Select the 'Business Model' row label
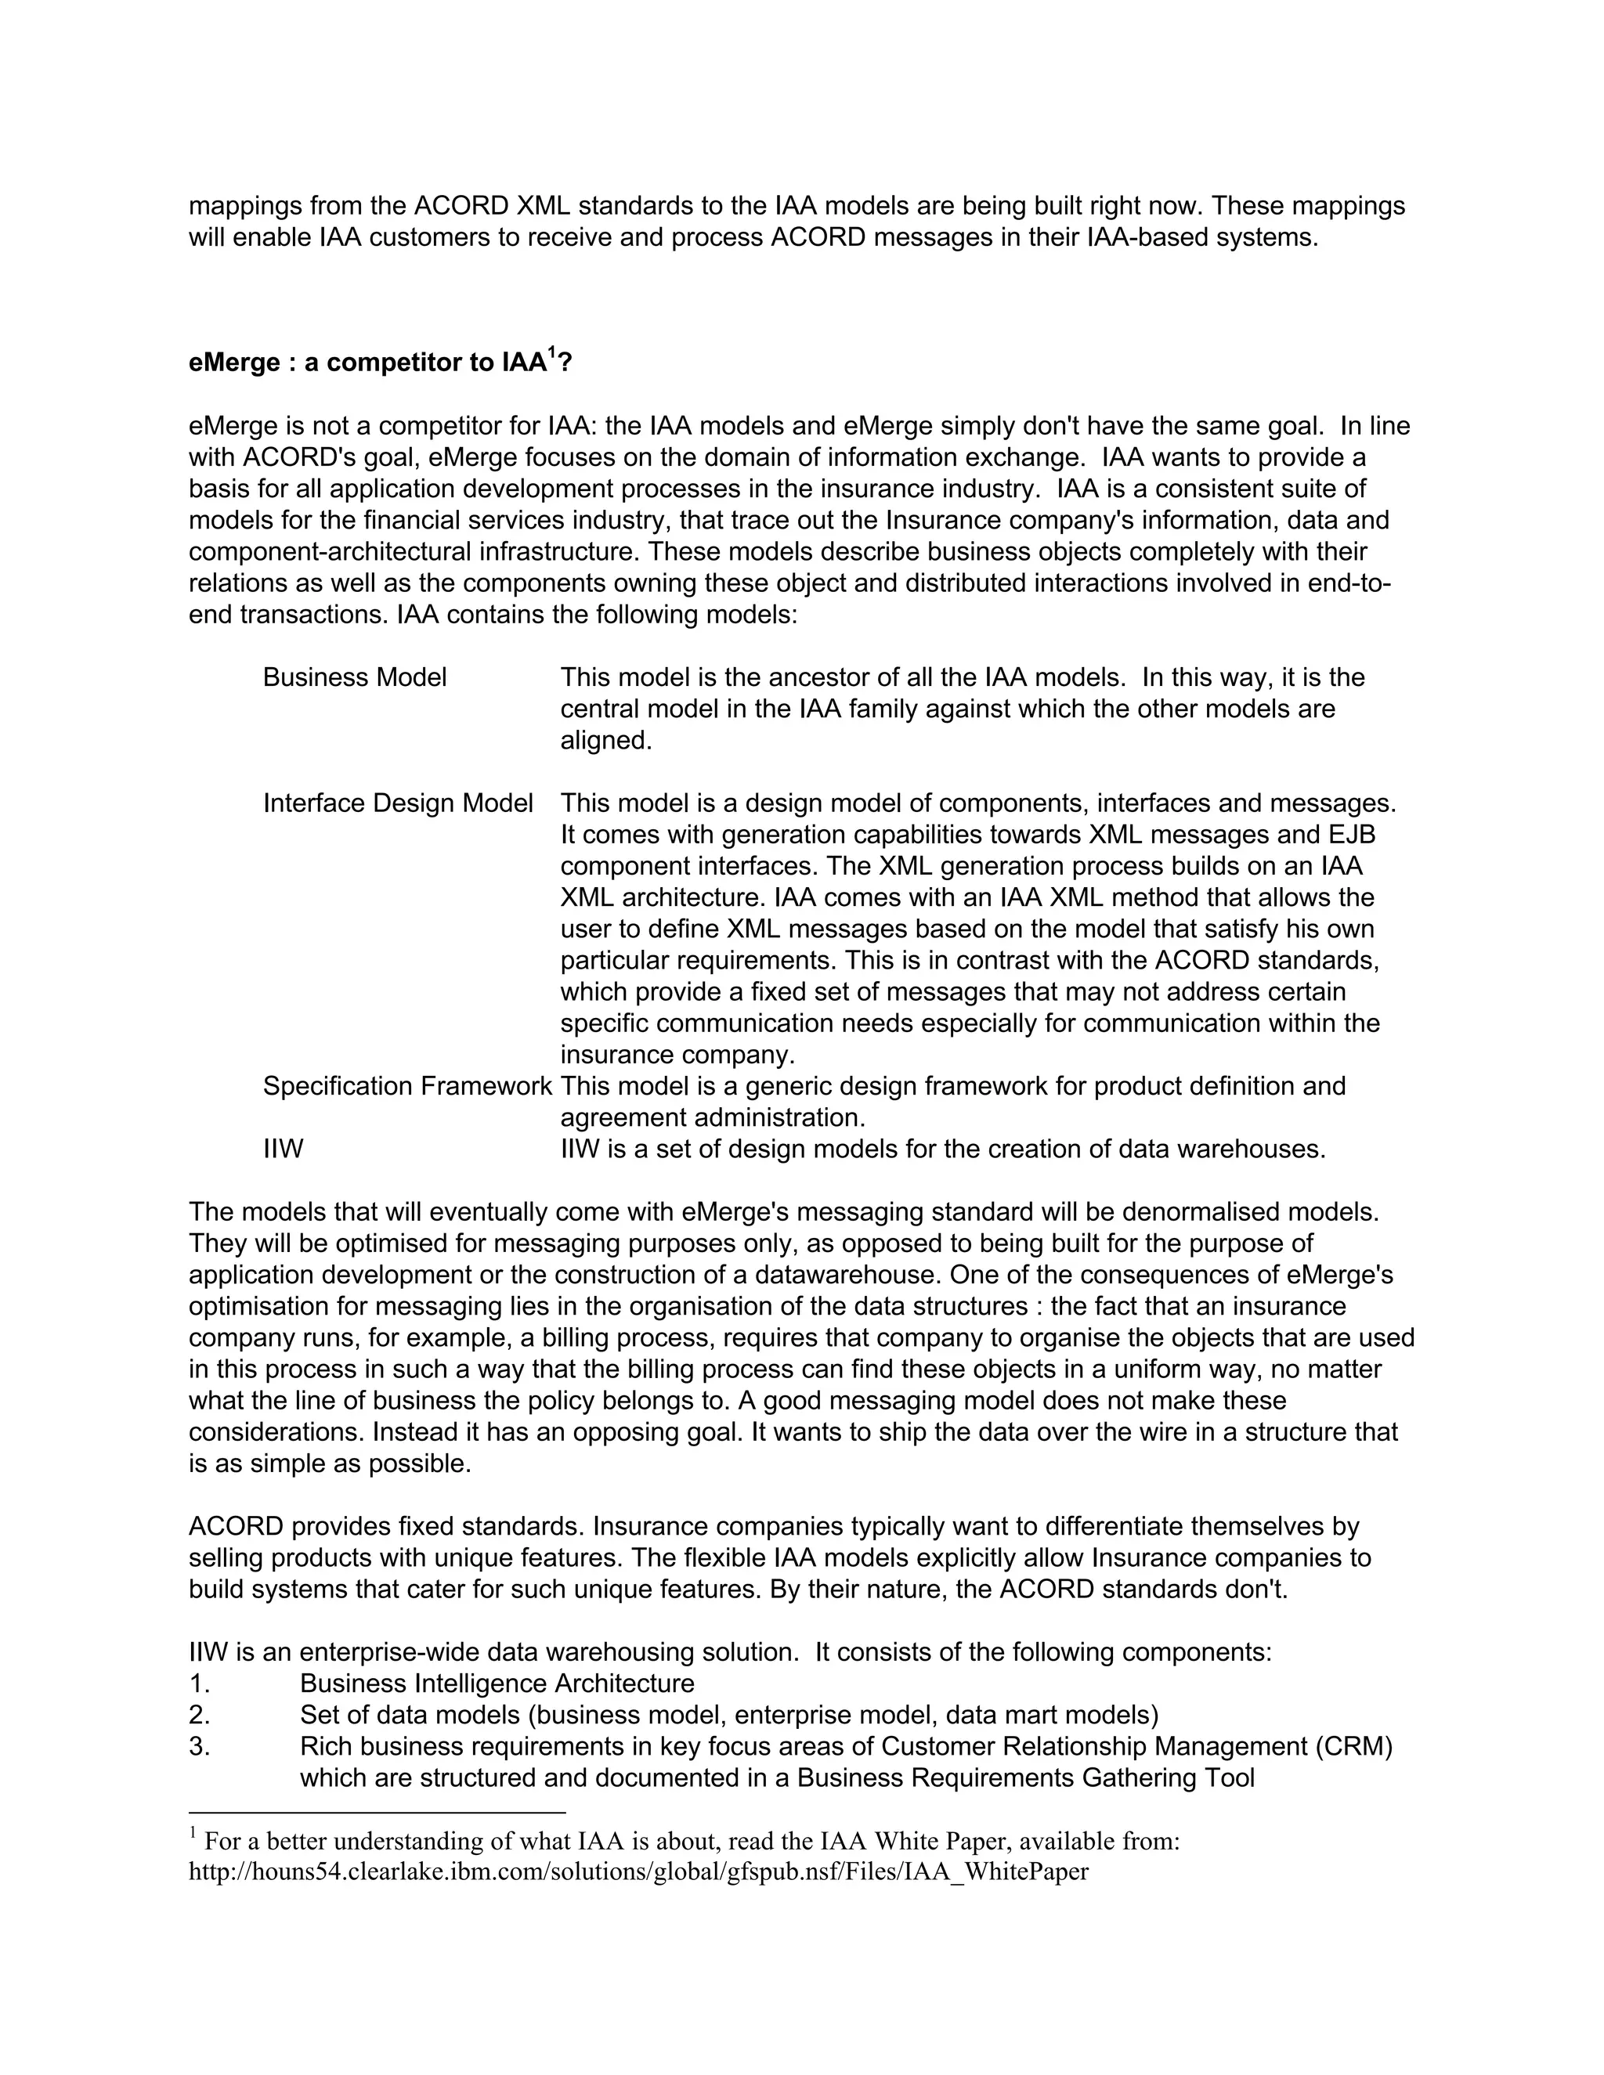(355, 677)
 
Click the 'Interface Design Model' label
(397, 804)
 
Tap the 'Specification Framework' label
(406, 1086)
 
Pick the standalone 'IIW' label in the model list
(284, 1149)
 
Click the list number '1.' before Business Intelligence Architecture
(200, 1683)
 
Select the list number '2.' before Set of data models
(200, 1715)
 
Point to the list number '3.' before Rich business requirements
(200, 1746)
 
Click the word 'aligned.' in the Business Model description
(606, 740)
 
